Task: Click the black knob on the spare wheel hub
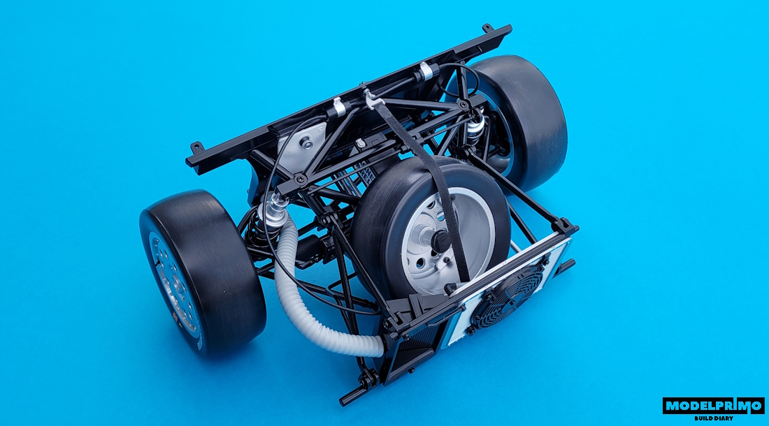tap(439, 240)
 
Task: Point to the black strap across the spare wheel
tap(426, 186)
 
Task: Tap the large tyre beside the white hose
tap(202, 272)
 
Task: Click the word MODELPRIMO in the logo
tap(713, 406)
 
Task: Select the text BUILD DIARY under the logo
tap(714, 418)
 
